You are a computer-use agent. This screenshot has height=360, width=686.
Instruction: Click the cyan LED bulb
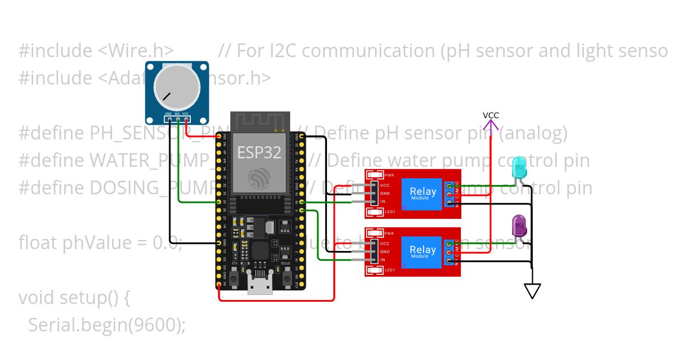[x=520, y=167]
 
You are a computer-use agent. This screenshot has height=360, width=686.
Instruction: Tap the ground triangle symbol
[x=532, y=291]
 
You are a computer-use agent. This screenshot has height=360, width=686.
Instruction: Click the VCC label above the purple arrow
[x=490, y=115]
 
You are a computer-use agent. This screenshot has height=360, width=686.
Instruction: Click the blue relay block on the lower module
[x=422, y=251]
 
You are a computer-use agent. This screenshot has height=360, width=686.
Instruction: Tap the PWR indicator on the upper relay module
[x=375, y=175]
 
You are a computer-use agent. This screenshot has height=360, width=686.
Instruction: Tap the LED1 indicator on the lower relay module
[x=375, y=270]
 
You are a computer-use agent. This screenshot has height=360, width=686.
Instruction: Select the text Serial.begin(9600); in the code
[x=107, y=325]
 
